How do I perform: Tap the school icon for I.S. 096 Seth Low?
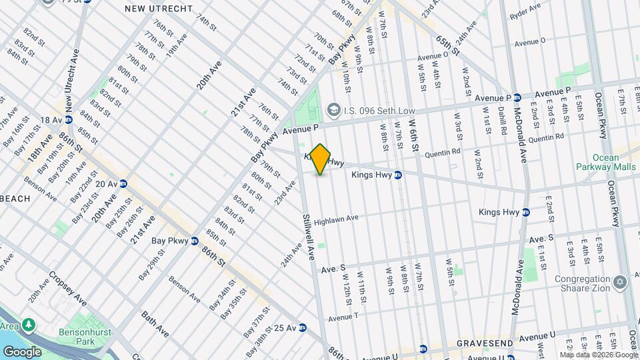pos(333,109)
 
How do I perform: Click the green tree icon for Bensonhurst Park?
pos(29,325)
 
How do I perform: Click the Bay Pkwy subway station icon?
pos(194,241)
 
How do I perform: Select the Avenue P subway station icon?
pos(517,97)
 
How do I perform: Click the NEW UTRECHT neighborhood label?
pos(159,8)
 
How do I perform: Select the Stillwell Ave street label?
pos(308,237)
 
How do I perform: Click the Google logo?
pos(22,351)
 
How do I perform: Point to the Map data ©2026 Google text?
pos(598,355)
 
